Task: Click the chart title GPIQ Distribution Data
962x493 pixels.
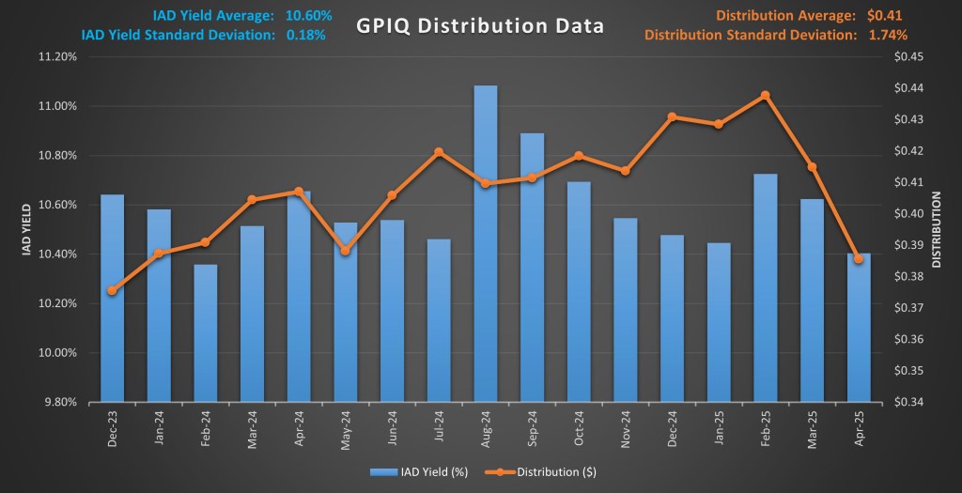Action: coord(480,25)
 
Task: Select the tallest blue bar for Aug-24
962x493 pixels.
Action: coord(486,244)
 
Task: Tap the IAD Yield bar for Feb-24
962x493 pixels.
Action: coord(206,333)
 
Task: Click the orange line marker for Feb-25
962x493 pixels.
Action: coord(765,95)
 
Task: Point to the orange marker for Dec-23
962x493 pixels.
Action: coord(112,291)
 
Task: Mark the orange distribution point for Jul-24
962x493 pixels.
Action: coord(439,152)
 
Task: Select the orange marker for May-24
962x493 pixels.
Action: coord(345,251)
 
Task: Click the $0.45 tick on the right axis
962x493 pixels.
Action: coord(911,56)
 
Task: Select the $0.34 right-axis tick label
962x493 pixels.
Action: coord(911,403)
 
